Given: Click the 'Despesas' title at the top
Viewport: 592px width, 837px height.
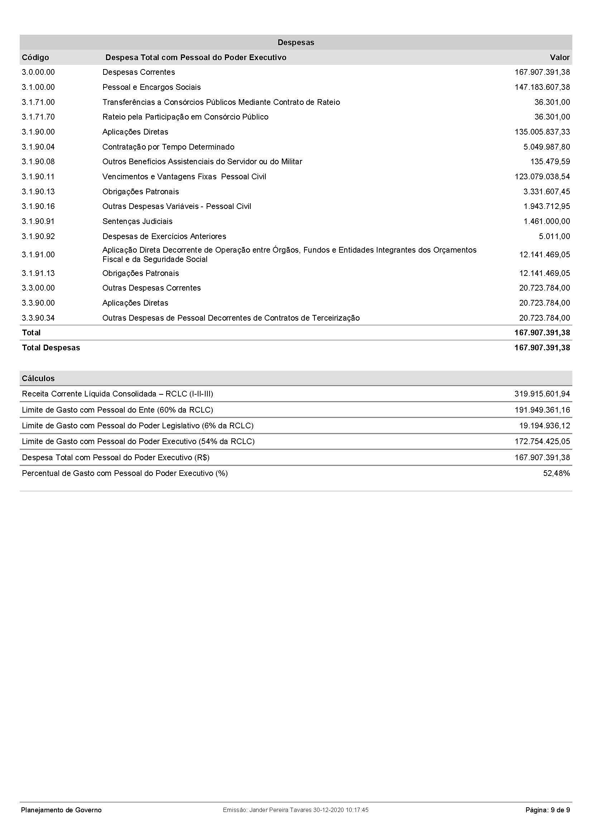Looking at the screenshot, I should pos(296,42).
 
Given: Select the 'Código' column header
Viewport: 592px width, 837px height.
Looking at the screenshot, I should pos(35,57).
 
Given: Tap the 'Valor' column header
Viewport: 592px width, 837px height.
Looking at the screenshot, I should pos(559,57).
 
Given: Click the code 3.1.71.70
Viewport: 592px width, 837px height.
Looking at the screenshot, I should pos(38,117).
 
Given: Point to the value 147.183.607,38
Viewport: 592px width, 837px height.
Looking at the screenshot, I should pos(542,87).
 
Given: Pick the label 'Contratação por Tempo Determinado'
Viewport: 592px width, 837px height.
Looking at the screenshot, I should pos(168,147).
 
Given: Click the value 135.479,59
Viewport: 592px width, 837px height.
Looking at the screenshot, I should pos(550,161).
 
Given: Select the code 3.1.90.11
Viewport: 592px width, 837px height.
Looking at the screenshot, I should pos(38,176).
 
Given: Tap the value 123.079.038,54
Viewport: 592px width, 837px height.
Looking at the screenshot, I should pos(542,176).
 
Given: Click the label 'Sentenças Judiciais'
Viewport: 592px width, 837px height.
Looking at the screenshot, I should pos(138,221).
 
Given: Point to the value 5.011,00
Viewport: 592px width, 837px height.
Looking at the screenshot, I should pos(554,236).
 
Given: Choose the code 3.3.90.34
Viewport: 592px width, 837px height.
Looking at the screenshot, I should pos(38,318).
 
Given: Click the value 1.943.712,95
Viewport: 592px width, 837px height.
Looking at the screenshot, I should pos(547,206).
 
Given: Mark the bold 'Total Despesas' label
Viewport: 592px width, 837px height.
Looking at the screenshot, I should pos(51,347).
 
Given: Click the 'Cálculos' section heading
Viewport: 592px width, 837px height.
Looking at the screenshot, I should pos(38,378).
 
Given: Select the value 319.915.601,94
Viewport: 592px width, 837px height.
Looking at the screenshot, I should pos(542,394).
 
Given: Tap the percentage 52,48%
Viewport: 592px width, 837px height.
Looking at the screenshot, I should pos(556,473).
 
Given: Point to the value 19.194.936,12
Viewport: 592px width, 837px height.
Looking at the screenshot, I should pos(544,425).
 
